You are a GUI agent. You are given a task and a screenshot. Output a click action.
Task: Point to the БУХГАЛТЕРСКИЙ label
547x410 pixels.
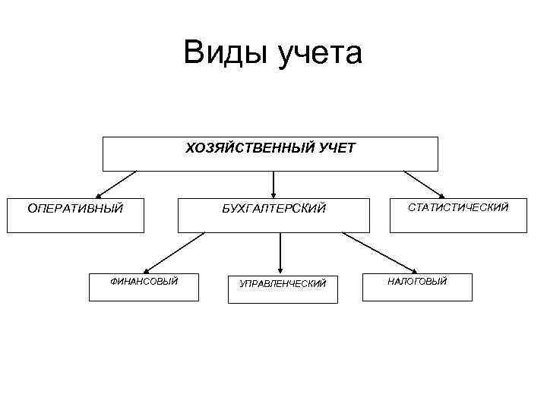pyautogui.click(x=273, y=208)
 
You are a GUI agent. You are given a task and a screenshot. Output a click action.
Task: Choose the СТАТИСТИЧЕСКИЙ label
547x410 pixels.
pyautogui.click(x=458, y=207)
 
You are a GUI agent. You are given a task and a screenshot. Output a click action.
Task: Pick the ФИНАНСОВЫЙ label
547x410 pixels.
pyautogui.click(x=144, y=282)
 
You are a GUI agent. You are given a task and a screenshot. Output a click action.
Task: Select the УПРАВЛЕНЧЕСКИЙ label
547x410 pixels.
pyautogui.click(x=283, y=283)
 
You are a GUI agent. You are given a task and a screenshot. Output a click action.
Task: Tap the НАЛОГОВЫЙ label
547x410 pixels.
pyautogui.click(x=417, y=282)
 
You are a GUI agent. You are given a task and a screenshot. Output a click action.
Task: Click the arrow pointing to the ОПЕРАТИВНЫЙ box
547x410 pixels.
pyautogui.click(x=115, y=184)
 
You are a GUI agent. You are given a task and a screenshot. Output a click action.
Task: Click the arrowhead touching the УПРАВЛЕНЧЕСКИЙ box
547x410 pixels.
pyautogui.click(x=281, y=268)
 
